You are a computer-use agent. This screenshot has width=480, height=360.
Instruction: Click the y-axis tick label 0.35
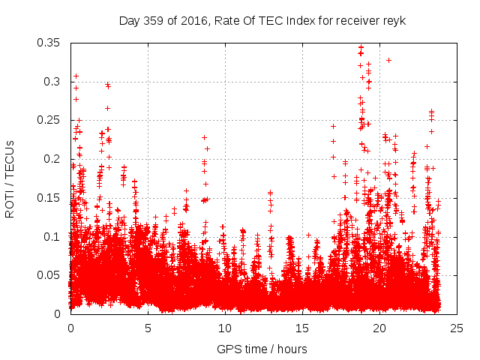point(50,42)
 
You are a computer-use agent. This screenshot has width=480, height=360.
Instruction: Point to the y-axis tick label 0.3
point(53,81)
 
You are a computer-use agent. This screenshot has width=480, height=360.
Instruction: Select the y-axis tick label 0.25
point(50,120)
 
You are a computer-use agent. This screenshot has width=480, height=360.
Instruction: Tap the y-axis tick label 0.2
point(53,159)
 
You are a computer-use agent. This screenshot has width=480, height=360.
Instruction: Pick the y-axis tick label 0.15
point(50,197)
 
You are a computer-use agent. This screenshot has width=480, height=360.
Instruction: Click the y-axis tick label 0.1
point(53,236)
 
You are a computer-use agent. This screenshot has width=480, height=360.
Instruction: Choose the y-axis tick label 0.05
point(50,275)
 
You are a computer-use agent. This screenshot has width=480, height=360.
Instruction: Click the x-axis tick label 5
point(148,328)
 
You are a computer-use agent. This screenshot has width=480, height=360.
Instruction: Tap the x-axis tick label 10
point(225,328)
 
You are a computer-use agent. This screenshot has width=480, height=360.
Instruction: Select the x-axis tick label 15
point(302,328)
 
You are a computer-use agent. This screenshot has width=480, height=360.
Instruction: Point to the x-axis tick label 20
point(379,328)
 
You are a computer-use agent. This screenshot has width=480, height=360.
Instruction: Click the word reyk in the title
point(394,20)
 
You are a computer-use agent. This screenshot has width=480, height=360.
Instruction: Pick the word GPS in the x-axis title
point(228,349)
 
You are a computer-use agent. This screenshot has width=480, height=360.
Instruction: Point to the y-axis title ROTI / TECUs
point(10,178)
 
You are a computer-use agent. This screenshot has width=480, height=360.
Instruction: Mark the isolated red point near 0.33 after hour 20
point(388,60)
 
